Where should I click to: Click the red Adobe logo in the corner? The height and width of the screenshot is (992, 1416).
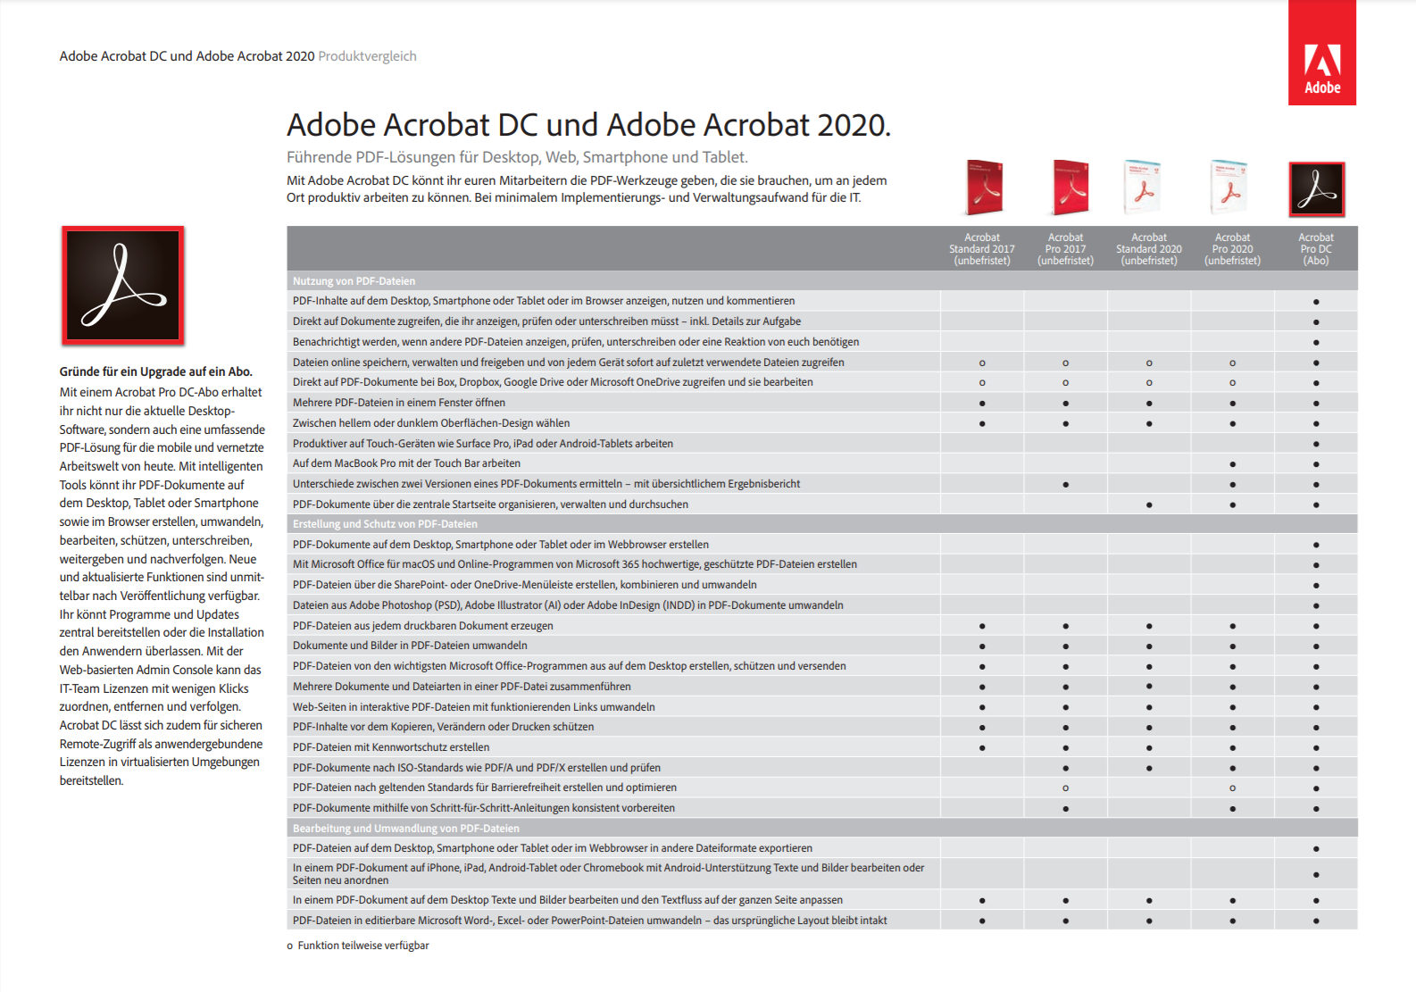(1321, 54)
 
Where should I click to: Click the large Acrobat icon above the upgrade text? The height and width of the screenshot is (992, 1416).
(123, 286)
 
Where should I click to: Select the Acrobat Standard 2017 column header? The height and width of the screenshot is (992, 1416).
(981, 249)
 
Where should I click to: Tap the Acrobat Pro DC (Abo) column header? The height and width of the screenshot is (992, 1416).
(1315, 249)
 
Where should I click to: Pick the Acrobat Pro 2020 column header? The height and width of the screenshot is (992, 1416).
(1232, 249)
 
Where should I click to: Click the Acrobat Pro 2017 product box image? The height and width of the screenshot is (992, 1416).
(1069, 188)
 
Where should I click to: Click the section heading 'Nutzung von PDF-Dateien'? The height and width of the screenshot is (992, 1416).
(354, 281)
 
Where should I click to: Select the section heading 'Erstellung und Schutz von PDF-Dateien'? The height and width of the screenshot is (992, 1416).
(385, 524)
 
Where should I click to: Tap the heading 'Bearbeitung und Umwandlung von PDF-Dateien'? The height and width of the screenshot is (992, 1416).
(405, 829)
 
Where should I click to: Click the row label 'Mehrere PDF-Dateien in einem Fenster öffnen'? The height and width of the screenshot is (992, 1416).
(399, 403)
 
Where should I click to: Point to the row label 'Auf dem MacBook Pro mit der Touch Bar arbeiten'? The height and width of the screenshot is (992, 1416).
(406, 463)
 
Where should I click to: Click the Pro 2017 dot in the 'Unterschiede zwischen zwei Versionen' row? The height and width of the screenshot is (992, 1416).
(1065, 485)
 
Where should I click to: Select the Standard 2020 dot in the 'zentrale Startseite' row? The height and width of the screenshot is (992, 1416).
(1149, 505)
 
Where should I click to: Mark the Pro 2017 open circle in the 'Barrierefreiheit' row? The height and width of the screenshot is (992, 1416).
(1065, 788)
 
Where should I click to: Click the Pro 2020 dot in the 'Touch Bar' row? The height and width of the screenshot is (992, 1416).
(1232, 464)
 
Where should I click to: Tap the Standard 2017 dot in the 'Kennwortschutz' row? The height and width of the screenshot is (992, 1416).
(982, 748)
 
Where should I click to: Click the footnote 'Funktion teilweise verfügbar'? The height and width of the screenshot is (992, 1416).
(362, 946)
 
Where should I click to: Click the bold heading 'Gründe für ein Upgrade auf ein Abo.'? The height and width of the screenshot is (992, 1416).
(156, 371)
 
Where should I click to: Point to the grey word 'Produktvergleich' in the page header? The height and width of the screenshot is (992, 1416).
(367, 56)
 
